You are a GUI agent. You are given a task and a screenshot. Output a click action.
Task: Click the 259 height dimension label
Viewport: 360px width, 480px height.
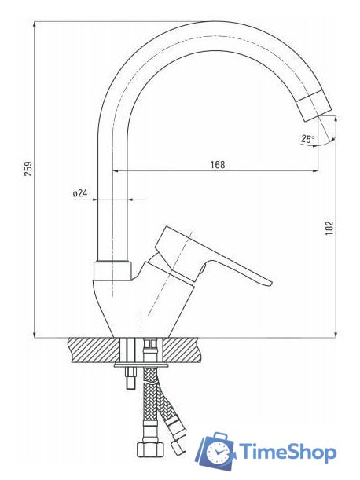coord(28,168)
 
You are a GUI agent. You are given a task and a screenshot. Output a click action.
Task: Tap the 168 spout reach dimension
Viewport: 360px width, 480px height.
coord(218,165)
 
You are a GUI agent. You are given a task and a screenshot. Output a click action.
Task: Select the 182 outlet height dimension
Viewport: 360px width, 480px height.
coord(329,228)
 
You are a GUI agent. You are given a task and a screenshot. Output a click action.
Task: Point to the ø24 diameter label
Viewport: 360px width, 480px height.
coord(80,193)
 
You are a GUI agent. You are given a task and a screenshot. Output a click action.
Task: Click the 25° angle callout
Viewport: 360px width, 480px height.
coord(308,139)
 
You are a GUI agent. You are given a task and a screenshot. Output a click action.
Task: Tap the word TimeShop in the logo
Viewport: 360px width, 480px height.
coord(288,452)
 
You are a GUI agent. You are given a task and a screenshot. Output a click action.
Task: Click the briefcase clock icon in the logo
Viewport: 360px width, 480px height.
coord(215,451)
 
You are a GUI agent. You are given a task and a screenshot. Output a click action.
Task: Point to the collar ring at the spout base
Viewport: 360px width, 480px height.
coord(112,270)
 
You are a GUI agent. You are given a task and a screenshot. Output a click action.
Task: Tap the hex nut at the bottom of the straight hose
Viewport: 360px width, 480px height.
coord(149,449)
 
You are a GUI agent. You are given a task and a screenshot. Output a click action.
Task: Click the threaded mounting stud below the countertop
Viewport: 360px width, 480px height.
coord(130,377)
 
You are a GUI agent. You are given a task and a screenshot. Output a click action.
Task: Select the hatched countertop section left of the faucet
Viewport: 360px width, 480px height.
coord(94,350)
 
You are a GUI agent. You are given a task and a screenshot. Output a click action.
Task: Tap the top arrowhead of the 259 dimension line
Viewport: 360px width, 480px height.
coord(34,24)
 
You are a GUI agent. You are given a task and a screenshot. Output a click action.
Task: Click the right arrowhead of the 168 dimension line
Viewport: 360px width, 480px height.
coord(315,170)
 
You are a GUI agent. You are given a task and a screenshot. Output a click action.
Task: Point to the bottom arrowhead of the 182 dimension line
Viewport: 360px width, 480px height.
coord(336,335)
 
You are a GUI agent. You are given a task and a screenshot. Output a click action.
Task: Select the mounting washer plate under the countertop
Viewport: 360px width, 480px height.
coord(141,365)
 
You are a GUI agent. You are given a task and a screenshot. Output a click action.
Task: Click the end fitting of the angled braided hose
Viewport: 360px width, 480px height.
coord(178,447)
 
